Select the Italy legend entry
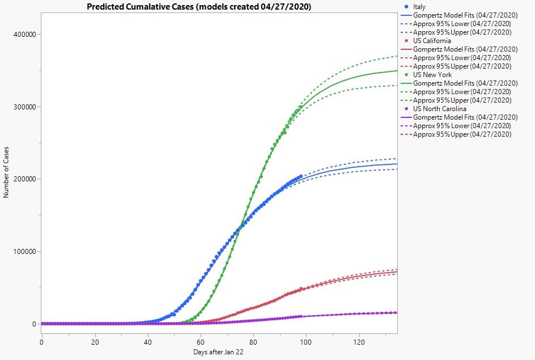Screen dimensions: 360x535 419,6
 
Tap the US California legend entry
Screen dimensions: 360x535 432,41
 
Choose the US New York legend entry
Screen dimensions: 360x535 432,75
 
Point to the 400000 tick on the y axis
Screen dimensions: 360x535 24,35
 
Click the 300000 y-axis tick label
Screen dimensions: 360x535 24,107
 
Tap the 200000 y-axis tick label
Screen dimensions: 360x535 24,179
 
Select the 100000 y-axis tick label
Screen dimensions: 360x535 24,252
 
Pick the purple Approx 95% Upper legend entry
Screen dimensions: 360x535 462,134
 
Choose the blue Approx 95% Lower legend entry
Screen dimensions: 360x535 462,24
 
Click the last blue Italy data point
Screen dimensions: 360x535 301,176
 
